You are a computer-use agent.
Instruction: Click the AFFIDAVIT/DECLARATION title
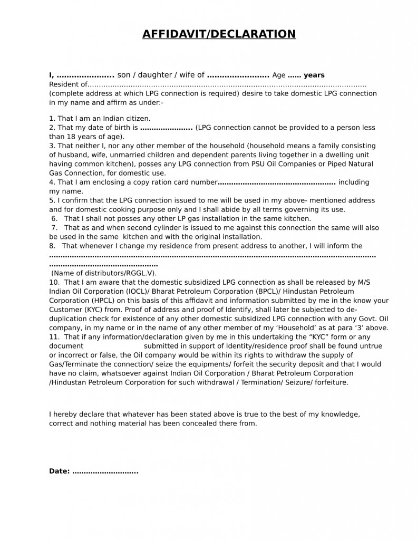tap(219, 34)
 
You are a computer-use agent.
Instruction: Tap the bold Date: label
tap(59, 471)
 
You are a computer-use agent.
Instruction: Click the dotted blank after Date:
tap(105, 471)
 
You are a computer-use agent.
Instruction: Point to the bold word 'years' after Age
tap(314, 75)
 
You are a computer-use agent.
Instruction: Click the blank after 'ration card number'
tap(277, 182)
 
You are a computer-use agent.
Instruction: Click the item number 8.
tap(52, 246)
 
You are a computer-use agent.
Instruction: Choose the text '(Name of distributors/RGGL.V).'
tap(104, 273)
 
